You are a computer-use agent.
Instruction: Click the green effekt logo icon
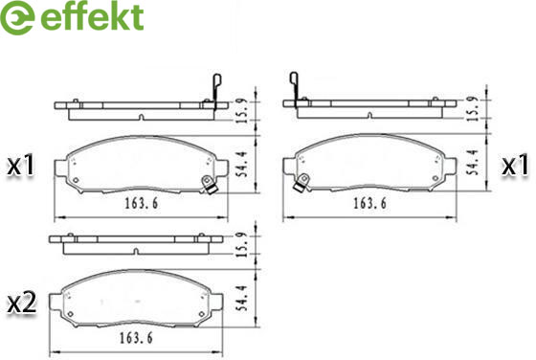click(x=17, y=17)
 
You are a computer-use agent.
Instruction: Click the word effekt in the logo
click(x=92, y=16)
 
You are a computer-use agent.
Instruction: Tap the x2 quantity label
click(x=22, y=303)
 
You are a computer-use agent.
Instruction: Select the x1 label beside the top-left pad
click(x=21, y=165)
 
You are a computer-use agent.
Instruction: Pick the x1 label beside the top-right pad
click(x=515, y=166)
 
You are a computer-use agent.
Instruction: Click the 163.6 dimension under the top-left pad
click(x=142, y=203)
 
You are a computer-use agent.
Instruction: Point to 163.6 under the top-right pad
click(x=369, y=203)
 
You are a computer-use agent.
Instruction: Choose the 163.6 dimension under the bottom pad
click(x=136, y=338)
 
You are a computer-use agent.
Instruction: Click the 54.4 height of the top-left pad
click(x=242, y=165)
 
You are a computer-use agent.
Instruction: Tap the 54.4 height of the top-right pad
click(x=474, y=162)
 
